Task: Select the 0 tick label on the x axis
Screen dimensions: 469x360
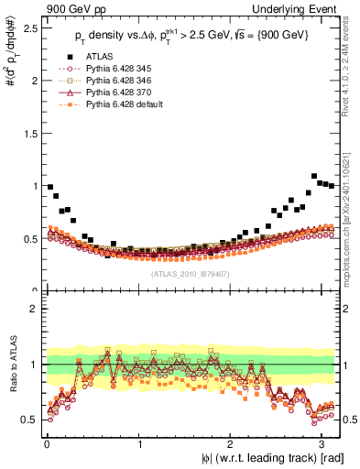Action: [47, 445]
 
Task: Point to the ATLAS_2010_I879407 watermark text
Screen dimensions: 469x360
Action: [191, 274]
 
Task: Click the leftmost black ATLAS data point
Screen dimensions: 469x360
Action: [50, 187]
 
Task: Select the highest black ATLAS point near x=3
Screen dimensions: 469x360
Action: [314, 176]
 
